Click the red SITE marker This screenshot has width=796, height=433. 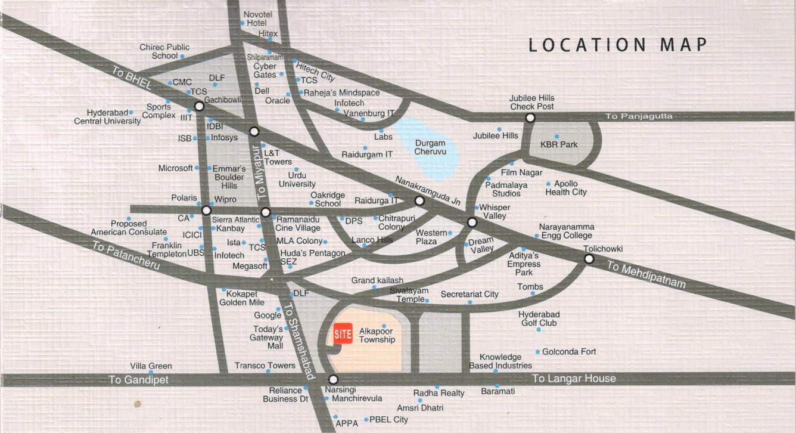(x=342, y=333)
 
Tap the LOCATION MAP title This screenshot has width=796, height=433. (x=618, y=45)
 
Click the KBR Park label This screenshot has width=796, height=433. (x=558, y=144)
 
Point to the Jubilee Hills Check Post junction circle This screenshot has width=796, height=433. (x=530, y=118)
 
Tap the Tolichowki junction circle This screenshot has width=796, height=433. (x=589, y=259)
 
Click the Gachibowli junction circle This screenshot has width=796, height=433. (x=200, y=106)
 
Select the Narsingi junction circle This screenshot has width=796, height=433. (x=333, y=379)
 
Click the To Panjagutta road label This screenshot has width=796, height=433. (x=639, y=116)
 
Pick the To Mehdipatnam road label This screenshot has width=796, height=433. (x=646, y=275)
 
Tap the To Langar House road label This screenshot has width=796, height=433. (x=574, y=379)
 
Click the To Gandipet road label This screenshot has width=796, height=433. (x=139, y=380)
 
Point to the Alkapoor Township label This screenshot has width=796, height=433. (x=377, y=335)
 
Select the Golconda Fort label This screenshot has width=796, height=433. (x=569, y=352)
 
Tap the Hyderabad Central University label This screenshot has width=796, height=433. (x=108, y=117)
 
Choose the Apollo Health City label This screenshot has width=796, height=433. (x=566, y=188)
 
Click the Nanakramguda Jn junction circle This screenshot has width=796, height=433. (x=419, y=202)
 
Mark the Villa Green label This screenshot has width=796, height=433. (x=151, y=366)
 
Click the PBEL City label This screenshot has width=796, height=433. (x=389, y=420)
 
